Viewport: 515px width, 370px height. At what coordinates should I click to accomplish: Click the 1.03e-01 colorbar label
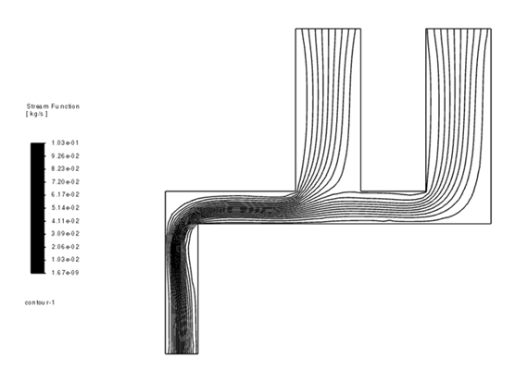point(65,143)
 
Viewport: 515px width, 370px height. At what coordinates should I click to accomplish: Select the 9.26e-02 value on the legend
point(65,156)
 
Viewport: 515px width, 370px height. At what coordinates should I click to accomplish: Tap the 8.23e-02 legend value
point(65,169)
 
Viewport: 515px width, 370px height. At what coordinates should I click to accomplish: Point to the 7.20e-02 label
point(65,182)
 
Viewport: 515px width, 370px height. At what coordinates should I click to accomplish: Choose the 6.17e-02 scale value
point(65,195)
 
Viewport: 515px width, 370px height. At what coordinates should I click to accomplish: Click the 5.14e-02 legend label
point(65,208)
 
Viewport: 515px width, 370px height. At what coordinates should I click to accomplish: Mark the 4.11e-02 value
point(65,221)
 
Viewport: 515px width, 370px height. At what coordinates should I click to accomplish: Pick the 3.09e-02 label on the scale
point(65,234)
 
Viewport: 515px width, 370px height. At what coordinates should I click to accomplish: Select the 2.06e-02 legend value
point(65,247)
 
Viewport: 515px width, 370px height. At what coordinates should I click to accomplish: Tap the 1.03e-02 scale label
point(65,260)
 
